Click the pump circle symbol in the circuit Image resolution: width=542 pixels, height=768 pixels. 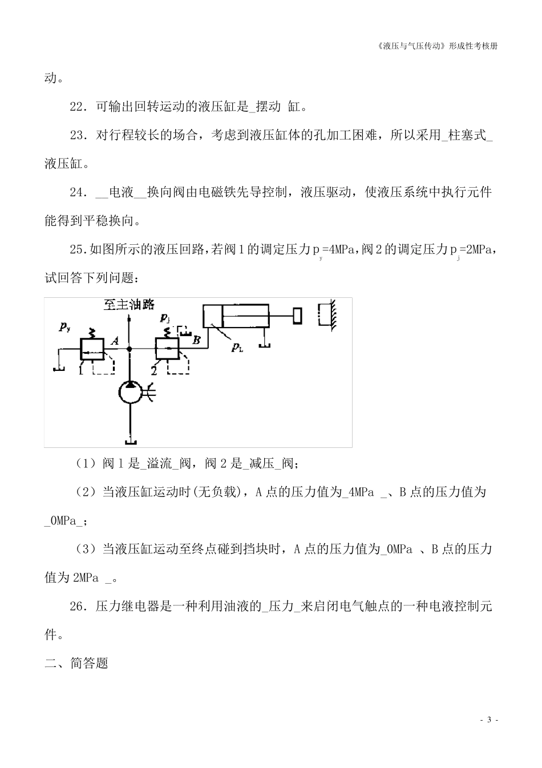coord(131,393)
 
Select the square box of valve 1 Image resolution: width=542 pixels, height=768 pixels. coord(91,348)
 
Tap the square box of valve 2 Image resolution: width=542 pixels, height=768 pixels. coord(167,348)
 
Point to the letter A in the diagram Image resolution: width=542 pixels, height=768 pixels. coord(114,341)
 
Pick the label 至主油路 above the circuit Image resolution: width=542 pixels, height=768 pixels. coord(130,305)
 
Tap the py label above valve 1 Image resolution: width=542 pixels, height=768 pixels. coord(65,327)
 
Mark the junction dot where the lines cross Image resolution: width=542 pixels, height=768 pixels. coord(130,349)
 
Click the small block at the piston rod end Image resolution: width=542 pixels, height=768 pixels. coord(297,316)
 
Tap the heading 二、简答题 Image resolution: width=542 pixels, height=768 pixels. coord(76,663)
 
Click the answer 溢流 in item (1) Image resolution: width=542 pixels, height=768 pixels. coord(160,463)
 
